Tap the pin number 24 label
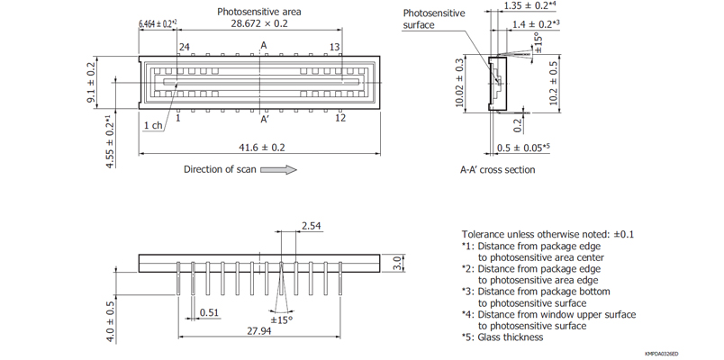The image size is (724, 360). [184, 47]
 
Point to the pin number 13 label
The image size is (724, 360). [335, 47]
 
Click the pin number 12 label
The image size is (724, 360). [340, 118]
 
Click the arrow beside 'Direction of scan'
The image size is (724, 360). [277, 170]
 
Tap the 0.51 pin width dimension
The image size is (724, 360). [209, 313]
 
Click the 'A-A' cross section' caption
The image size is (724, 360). [498, 170]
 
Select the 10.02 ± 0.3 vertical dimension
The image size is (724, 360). [460, 83]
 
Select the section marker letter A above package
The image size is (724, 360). [264, 46]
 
